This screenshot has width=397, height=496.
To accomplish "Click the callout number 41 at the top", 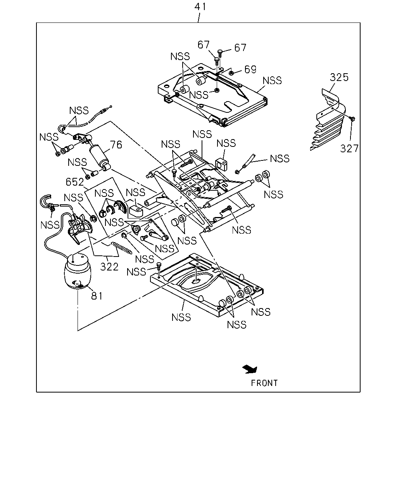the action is [200, 7].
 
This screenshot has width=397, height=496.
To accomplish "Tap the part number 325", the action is [339, 77].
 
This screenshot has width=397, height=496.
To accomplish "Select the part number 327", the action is [349, 148].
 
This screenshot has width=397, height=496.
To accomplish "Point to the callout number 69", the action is [250, 69].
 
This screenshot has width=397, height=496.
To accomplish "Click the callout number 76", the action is [116, 145].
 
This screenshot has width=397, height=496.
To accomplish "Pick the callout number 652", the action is [75, 182].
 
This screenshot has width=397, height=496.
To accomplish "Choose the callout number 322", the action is [109, 267].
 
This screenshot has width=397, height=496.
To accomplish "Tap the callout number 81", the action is [97, 296].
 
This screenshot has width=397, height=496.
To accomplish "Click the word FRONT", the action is [264, 383].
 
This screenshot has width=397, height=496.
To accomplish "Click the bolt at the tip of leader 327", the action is [352, 119].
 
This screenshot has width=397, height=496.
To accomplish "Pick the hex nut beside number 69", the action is [231, 73].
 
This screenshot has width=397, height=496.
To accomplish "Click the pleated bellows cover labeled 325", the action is [328, 120].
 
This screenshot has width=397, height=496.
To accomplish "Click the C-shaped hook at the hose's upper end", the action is [46, 200].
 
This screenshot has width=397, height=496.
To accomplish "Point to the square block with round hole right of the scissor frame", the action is [221, 164].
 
